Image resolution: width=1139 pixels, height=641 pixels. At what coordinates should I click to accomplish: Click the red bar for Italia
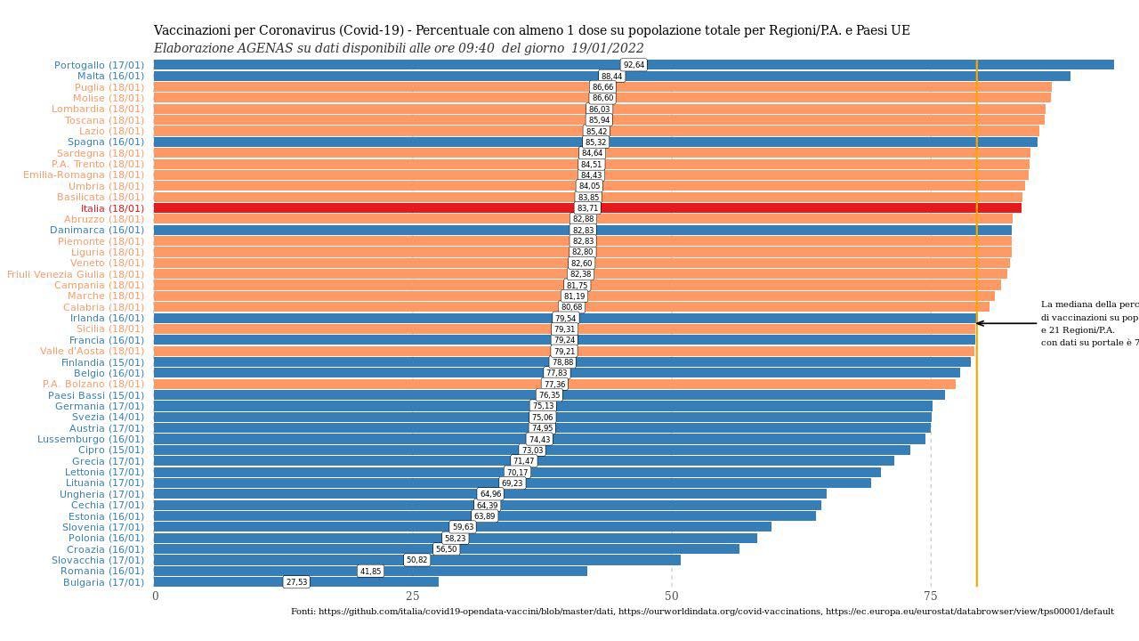[801, 208]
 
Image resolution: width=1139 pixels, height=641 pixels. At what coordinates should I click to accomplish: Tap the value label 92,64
[634, 65]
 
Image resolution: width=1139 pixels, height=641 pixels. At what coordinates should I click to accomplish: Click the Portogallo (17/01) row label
[99, 65]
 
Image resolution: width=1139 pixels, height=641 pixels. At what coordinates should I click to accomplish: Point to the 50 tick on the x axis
[672, 596]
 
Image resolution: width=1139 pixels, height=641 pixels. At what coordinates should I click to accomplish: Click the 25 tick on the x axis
[412, 596]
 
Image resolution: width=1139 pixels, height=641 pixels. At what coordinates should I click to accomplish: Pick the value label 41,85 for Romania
[370, 572]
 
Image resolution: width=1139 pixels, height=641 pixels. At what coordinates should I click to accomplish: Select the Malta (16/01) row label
[110, 77]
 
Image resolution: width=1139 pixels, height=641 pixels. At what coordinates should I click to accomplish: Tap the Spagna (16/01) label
[105, 142]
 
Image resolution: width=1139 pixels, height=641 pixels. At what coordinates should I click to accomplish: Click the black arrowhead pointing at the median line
[981, 323]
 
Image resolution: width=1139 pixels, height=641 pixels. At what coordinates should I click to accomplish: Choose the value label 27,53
[296, 582]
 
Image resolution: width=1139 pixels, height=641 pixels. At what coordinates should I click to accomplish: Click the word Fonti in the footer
[303, 612]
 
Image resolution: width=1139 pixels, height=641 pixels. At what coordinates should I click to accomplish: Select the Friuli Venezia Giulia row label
[75, 274]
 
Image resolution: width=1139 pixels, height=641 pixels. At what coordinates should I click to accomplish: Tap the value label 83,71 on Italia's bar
[587, 208]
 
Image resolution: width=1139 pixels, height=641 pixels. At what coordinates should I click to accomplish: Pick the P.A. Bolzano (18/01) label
[93, 384]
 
